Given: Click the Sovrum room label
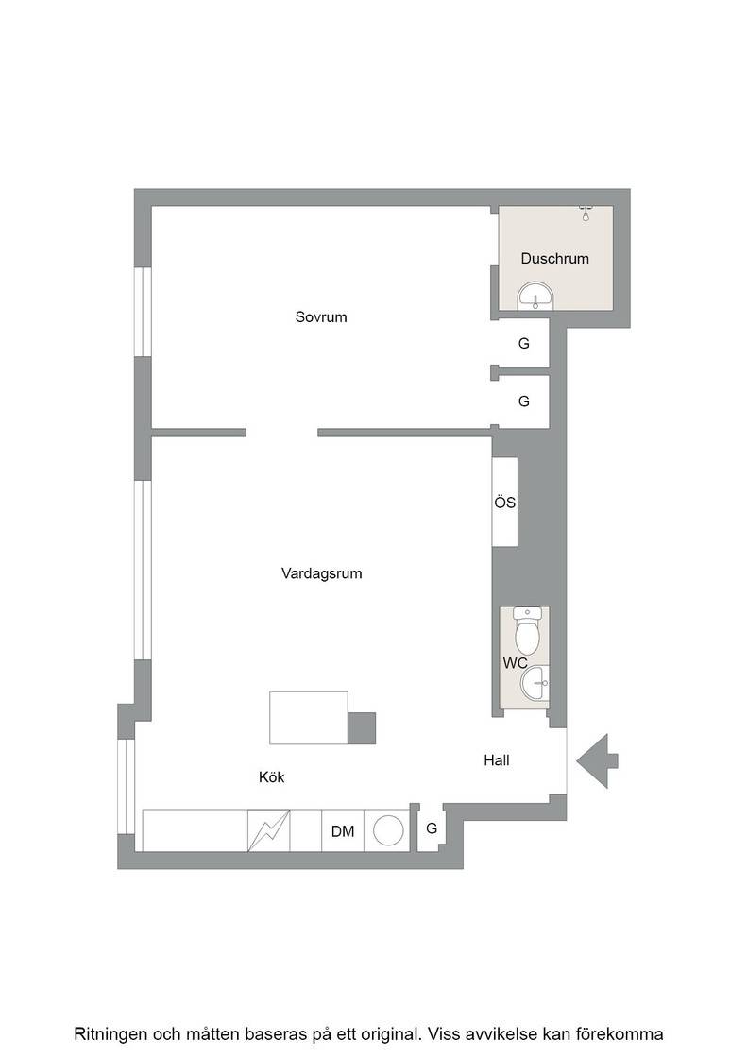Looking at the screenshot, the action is tap(321, 316).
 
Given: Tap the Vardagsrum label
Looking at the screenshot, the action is tap(322, 573).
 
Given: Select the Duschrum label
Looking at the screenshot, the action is tap(555, 259).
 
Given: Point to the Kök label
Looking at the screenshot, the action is tap(272, 777).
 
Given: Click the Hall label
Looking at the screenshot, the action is tap(497, 760).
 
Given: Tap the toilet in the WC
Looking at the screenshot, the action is tap(527, 632).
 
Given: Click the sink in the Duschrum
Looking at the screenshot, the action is tap(535, 297).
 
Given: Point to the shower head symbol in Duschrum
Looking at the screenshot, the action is tap(586, 213).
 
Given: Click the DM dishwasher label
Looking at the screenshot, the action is tap(343, 831).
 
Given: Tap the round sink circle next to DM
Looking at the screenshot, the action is tap(388, 830).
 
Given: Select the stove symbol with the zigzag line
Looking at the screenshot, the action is tap(269, 830).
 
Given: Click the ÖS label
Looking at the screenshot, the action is tap(505, 503).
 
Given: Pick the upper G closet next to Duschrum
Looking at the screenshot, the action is tap(524, 344).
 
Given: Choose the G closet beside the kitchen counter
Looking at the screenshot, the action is tap(432, 828).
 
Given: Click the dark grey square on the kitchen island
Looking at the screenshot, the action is tap(362, 728).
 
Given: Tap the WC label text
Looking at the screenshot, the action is tap(516, 663).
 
